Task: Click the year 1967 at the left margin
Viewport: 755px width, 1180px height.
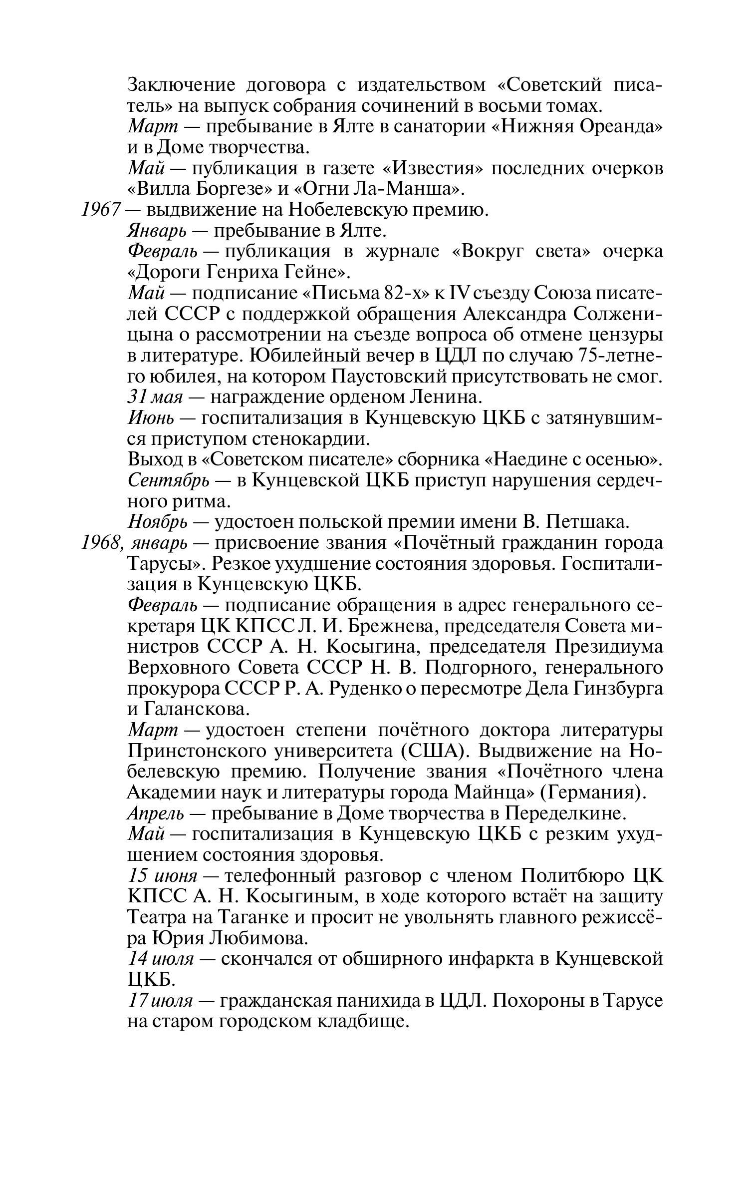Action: (101, 210)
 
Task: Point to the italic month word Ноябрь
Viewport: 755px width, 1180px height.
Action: (158, 522)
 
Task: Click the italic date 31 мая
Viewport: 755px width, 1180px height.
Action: (155, 397)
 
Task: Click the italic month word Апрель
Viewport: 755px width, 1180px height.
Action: (156, 814)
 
